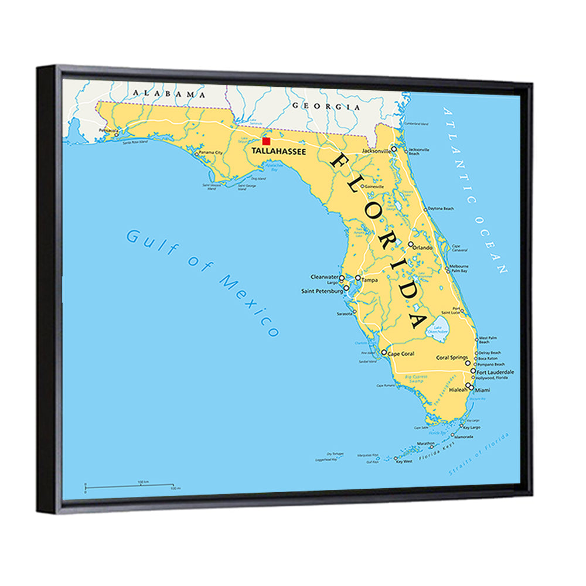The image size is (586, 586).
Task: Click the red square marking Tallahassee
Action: click(266, 141)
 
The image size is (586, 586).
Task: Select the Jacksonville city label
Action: click(376, 151)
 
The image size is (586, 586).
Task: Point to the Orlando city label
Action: click(423, 247)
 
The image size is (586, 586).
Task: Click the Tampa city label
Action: click(370, 280)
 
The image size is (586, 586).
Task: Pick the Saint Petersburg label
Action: click(322, 291)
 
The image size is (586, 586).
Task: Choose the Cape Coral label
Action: click(401, 355)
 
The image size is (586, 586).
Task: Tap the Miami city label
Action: click(483, 390)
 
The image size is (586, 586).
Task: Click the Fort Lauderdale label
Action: click(495, 372)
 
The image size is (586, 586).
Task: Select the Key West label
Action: click(404, 462)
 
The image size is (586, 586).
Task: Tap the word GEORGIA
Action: click(326, 107)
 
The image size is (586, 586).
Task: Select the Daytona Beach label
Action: click(441, 209)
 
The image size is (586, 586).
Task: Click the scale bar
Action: click(129, 485)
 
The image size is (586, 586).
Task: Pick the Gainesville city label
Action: click(374, 186)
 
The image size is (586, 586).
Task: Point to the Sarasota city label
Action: click(345, 314)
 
